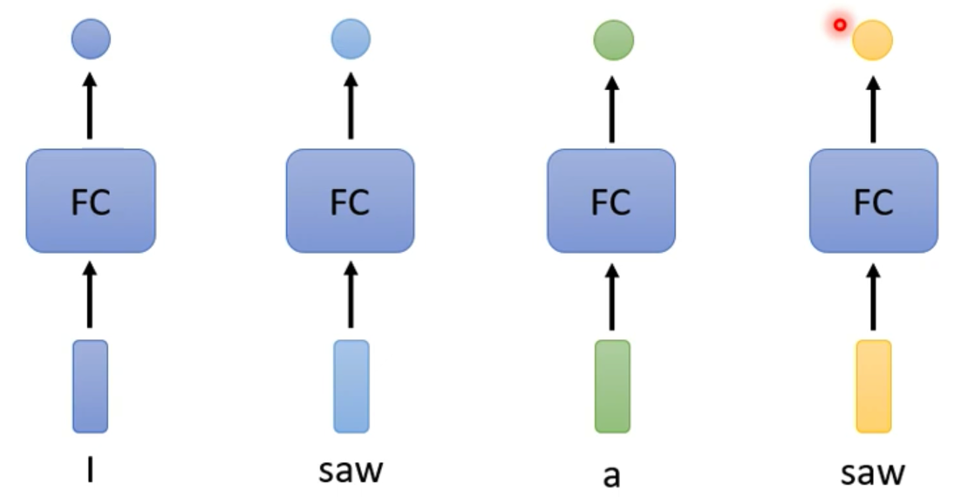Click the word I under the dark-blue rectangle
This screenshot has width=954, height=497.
coord(91,471)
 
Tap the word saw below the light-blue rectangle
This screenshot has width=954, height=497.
coord(351,471)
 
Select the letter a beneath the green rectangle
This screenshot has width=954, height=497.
coord(611,475)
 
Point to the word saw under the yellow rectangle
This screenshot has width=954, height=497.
coord(873,472)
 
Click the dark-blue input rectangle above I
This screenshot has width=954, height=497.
coord(91,386)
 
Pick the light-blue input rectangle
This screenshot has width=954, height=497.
coord(351,386)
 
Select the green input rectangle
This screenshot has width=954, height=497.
coord(612,386)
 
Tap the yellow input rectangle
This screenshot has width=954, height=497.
coord(873,386)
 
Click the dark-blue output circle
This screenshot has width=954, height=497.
coord(91,40)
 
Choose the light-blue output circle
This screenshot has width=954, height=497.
coord(351,39)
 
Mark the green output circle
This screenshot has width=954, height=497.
coord(613,40)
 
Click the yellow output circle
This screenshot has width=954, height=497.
coord(872,40)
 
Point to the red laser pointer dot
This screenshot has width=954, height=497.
coord(840,25)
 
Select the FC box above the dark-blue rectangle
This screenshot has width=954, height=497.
coord(91,201)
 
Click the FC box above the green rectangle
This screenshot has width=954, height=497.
coord(611,201)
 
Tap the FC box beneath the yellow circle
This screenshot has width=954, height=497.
coord(873,201)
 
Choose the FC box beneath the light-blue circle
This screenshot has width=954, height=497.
coord(351,201)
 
